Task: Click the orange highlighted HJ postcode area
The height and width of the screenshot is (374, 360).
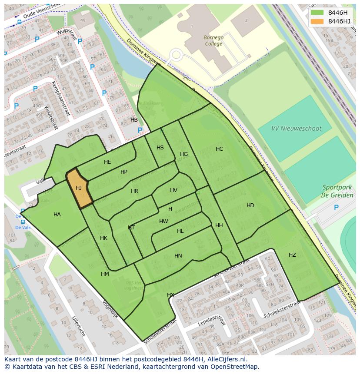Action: click(79, 189)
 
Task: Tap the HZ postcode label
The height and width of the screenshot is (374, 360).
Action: click(292, 255)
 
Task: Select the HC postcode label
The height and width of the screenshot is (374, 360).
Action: click(219, 149)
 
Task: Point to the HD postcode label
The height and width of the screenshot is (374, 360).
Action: click(250, 205)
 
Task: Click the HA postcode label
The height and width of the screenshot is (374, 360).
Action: click(57, 215)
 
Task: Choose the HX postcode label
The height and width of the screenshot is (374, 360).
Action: click(170, 295)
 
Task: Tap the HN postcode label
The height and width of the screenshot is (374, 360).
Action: click(178, 256)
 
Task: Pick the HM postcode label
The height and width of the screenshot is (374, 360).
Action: click(105, 274)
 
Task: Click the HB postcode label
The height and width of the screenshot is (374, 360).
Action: click(134, 120)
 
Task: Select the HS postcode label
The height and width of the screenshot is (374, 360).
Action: click(160, 148)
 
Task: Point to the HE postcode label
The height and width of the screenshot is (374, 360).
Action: click(107, 162)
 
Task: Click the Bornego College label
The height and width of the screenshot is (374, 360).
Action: click(213, 40)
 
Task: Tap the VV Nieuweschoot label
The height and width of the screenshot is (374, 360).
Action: click(296, 129)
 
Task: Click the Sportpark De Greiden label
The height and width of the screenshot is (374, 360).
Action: click(337, 191)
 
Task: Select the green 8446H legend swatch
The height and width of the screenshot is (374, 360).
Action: click(317, 13)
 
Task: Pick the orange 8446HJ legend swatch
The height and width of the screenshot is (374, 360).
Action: click(317, 21)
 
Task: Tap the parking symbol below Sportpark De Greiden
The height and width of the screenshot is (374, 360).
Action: click(336, 208)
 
